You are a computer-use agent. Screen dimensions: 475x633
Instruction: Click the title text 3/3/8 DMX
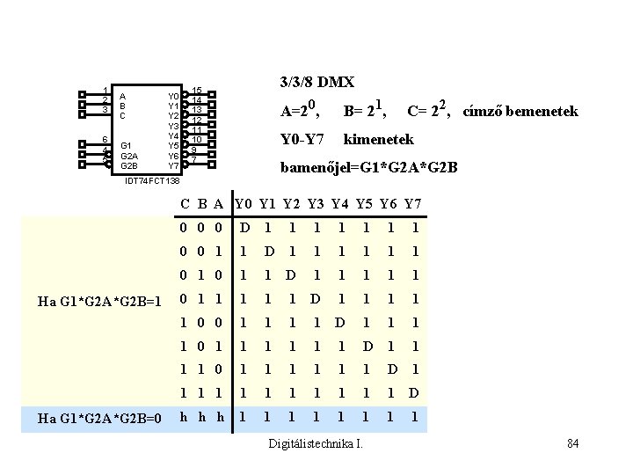tap(316, 83)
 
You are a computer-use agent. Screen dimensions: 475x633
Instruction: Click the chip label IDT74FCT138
tap(153, 180)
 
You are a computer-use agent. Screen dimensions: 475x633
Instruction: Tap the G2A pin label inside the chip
tap(128, 155)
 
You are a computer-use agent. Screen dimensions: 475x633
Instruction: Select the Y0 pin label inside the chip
tap(174, 96)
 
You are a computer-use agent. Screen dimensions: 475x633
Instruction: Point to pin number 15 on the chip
tap(198, 91)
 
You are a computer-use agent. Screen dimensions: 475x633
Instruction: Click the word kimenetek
tap(378, 139)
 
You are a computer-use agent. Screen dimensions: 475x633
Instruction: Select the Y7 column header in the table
tap(413, 205)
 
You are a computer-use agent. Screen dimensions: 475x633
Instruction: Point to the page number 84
tap(572, 442)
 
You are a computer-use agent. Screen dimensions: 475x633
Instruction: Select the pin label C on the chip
tap(123, 115)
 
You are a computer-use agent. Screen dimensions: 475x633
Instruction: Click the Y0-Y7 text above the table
tap(302, 139)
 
